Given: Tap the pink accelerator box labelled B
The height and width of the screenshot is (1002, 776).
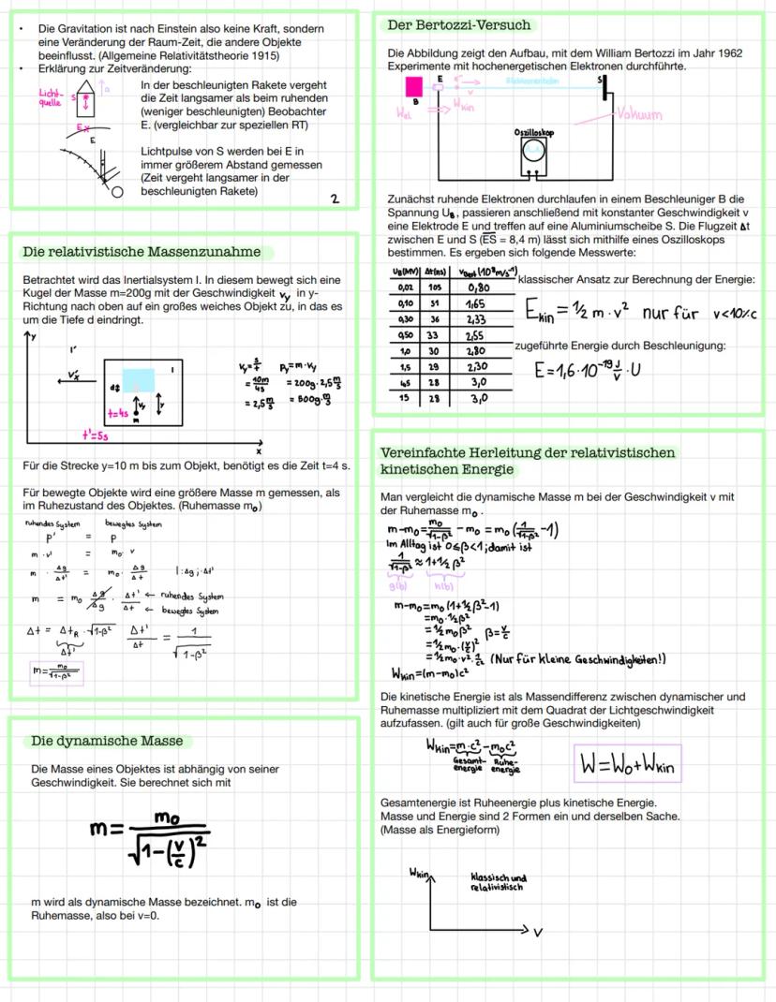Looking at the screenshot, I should click(412, 86).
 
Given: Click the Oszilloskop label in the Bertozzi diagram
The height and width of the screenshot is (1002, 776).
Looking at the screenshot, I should click(532, 134).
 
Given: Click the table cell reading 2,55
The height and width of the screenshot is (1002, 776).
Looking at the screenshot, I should click(475, 333).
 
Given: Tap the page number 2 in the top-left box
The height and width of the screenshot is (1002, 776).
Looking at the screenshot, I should click(335, 199).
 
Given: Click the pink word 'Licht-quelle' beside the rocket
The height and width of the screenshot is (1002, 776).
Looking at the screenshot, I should click(49, 98).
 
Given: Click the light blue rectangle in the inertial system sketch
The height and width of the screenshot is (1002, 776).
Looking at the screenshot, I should click(139, 380).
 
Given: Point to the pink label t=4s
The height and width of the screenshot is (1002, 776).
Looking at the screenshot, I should click(117, 411).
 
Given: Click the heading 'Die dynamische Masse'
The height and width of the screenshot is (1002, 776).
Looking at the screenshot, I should click(107, 741).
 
